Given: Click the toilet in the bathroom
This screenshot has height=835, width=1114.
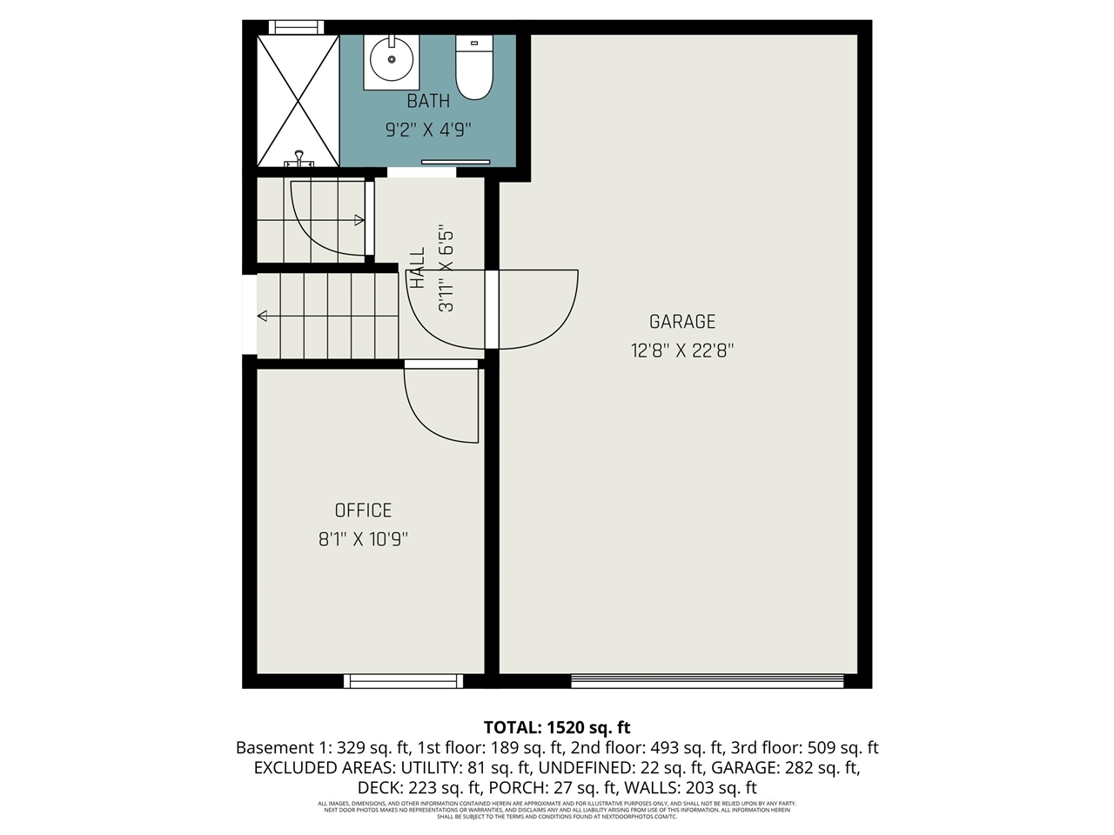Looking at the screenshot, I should click(474, 70).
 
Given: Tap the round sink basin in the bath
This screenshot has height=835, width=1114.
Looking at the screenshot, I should click(391, 59).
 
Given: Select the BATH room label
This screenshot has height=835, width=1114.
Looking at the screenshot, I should click(428, 102).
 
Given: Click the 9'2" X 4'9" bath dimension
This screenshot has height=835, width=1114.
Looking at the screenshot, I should click(428, 130).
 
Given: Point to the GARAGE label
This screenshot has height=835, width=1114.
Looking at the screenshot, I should click(682, 322).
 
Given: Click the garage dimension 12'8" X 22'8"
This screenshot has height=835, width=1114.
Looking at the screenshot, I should click(682, 351).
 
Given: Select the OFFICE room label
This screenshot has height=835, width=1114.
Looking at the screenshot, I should click(363, 511).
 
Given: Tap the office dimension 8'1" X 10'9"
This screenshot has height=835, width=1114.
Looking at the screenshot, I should click(363, 539).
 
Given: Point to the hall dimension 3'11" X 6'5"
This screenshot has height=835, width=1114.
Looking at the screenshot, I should click(446, 270).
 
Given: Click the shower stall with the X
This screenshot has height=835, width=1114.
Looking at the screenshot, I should click(298, 101).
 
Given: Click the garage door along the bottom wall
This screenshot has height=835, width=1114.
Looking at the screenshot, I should click(707, 681).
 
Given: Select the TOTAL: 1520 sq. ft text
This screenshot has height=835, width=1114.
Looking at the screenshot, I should click(557, 727).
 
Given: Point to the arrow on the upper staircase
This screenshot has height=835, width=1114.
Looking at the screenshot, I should click(359, 221).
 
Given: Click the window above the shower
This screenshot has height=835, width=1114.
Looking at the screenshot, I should click(296, 27).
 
